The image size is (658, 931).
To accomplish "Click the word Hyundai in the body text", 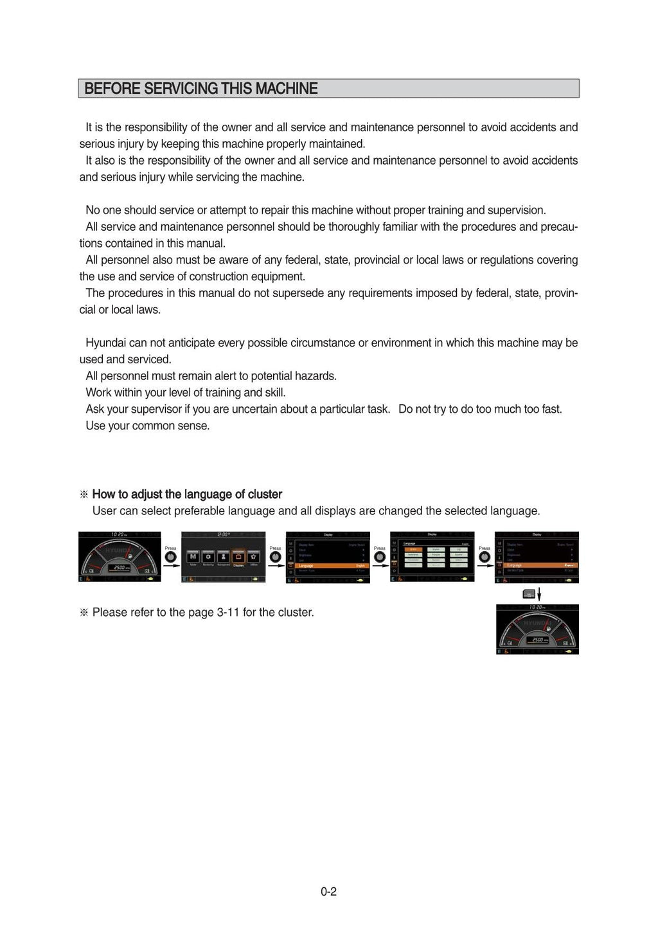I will pos(105,343).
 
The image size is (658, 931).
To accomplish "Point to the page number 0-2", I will pos(328,892).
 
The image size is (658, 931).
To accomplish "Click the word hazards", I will pos(316,376).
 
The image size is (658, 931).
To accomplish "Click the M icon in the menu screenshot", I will pos(193,556).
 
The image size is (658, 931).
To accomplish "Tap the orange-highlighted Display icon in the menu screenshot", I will pos(238,556).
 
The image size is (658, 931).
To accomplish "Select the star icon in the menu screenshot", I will pos(254,556).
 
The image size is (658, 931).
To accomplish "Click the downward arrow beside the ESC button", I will pos(539,593).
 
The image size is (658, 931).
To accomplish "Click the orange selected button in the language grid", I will pos(413,550).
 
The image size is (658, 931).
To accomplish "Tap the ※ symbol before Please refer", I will pos(84,612).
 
